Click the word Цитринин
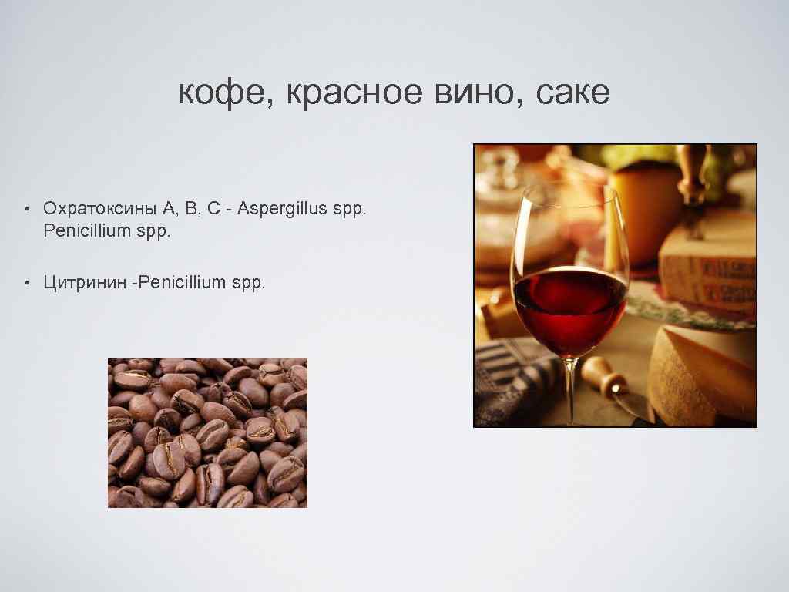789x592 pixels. click(86, 283)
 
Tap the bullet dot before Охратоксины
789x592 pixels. click(25, 209)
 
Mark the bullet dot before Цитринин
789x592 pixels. click(25, 284)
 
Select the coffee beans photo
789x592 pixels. click(207, 432)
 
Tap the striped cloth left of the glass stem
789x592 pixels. click(512, 378)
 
